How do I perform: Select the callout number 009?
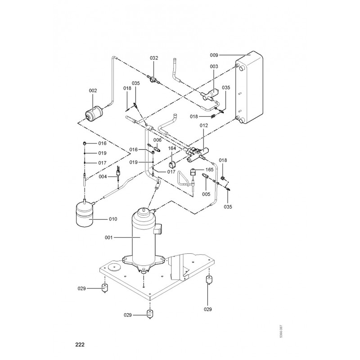[x=214, y=55]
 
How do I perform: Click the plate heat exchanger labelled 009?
[x=251, y=88]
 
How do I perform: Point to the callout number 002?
[x=93, y=91]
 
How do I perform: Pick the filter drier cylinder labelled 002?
[x=94, y=112]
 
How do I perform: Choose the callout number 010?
[x=112, y=219]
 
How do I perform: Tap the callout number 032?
[x=154, y=58]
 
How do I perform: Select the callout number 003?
[x=214, y=66]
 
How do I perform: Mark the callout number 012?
[x=203, y=125]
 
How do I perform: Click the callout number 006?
[x=157, y=140]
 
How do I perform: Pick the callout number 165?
[x=209, y=170]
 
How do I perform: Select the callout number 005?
[x=206, y=194]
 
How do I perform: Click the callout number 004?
[x=103, y=177]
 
